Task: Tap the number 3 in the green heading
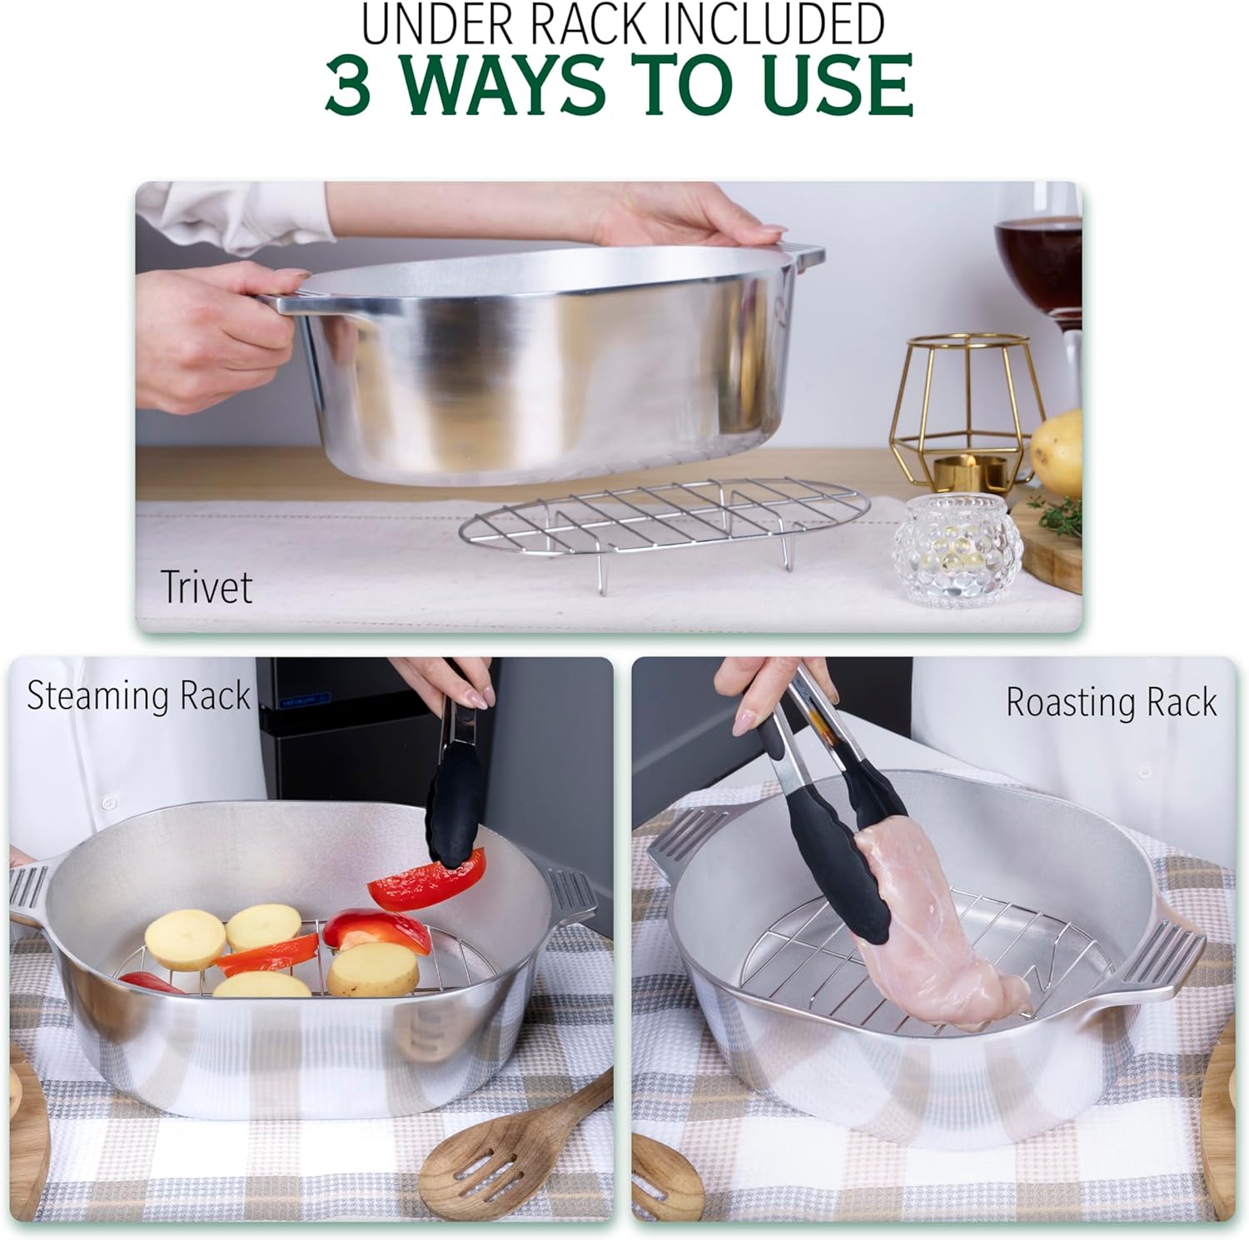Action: [348, 85]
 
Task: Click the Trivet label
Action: [206, 586]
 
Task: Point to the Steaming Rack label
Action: [138, 695]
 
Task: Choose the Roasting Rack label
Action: [1111, 701]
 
